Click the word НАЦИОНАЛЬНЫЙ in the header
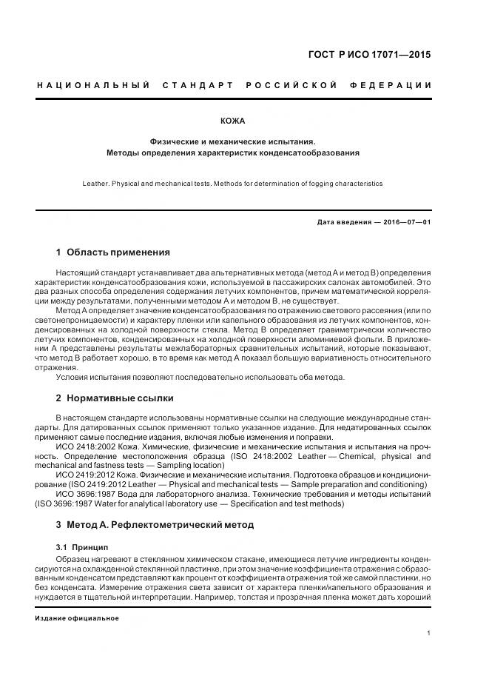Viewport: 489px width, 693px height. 94,85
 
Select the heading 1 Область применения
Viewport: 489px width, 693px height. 113,252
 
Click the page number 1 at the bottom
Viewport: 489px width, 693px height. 428,633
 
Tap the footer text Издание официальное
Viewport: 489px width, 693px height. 77,617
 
